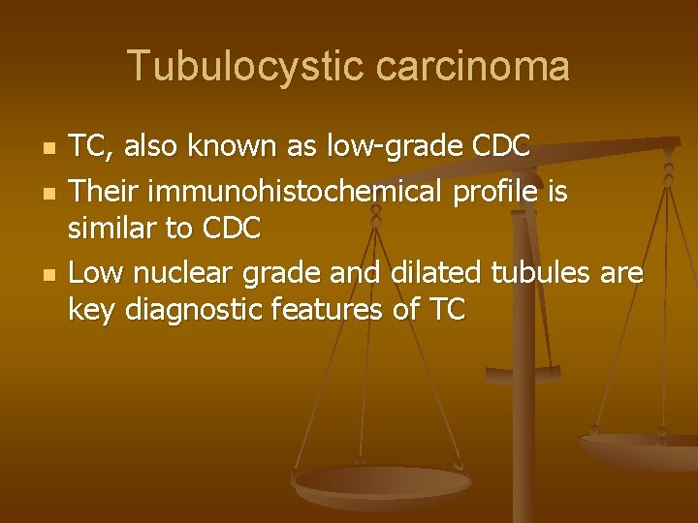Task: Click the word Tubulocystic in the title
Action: click(245, 67)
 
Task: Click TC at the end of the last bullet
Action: click(444, 310)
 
